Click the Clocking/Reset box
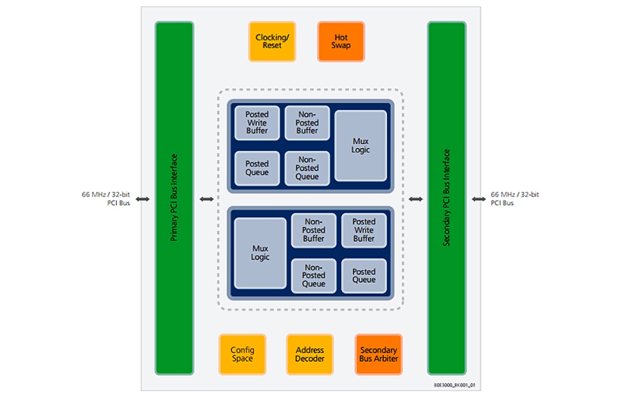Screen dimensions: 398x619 pyautogui.click(x=272, y=41)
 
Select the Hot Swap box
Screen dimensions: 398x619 pyautogui.click(x=341, y=41)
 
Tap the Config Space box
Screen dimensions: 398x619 pyautogui.click(x=242, y=354)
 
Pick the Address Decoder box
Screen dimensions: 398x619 pyautogui.click(x=310, y=354)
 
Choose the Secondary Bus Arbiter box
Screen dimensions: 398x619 pyautogui.click(x=378, y=354)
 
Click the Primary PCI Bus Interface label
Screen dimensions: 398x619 pyautogui.click(x=174, y=198)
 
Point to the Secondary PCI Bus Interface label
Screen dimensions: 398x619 pyautogui.click(x=447, y=198)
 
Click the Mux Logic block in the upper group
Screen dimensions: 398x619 pyautogui.click(x=360, y=145)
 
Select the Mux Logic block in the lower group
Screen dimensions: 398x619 pyautogui.click(x=260, y=253)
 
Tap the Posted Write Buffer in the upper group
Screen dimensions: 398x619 pyautogui.click(x=257, y=123)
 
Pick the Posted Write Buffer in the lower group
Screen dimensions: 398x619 pyautogui.click(x=364, y=230)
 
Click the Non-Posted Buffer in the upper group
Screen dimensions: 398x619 pyautogui.click(x=307, y=123)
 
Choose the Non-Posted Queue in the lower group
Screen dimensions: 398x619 pyautogui.click(x=313, y=276)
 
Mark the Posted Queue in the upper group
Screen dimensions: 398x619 pyautogui.click(x=257, y=168)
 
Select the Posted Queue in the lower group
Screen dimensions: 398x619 pyautogui.click(x=364, y=276)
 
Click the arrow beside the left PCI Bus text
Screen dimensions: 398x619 pyautogui.click(x=143, y=199)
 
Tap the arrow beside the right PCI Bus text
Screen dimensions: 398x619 pyautogui.click(x=478, y=199)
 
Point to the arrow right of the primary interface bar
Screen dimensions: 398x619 pyautogui.click(x=206, y=199)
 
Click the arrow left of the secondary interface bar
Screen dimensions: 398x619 pyautogui.click(x=415, y=199)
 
